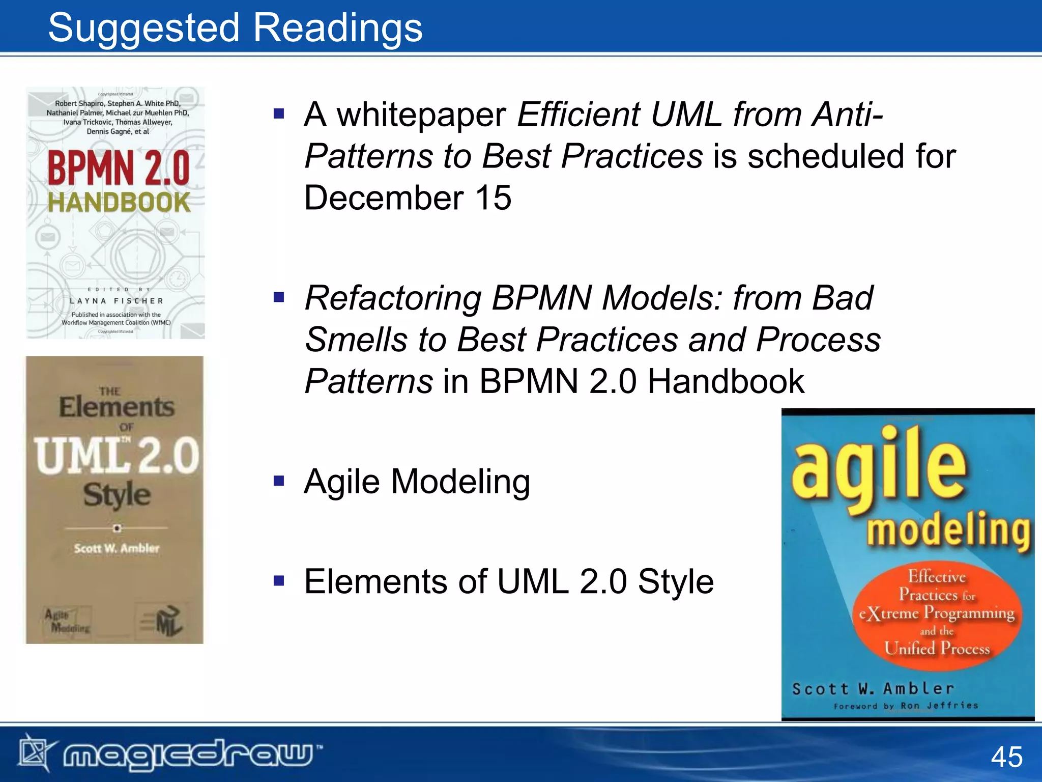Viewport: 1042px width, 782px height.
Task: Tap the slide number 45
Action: tap(1006, 757)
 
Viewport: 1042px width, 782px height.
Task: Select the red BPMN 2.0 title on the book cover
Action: tap(119, 168)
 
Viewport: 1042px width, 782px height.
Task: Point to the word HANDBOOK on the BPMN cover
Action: tap(119, 203)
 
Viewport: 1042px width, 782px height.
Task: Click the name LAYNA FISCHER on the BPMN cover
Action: tap(117, 301)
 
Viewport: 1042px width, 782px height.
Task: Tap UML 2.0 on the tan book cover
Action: tap(117, 455)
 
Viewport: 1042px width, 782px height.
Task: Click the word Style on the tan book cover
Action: tap(117, 494)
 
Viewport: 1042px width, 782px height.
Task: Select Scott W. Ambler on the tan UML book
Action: tap(117, 548)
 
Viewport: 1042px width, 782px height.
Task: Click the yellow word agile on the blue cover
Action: tap(878, 468)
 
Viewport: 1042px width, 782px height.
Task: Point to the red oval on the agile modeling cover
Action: tap(937, 613)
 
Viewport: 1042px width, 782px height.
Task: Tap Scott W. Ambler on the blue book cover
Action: tap(873, 689)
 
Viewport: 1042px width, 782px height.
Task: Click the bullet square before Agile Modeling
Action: tap(278, 481)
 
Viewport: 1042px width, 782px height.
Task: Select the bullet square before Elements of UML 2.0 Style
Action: tap(278, 580)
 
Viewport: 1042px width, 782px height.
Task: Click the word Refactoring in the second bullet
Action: tap(393, 298)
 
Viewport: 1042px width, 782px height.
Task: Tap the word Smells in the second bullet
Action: tap(356, 340)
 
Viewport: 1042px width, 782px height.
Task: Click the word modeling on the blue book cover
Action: tap(948, 530)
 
